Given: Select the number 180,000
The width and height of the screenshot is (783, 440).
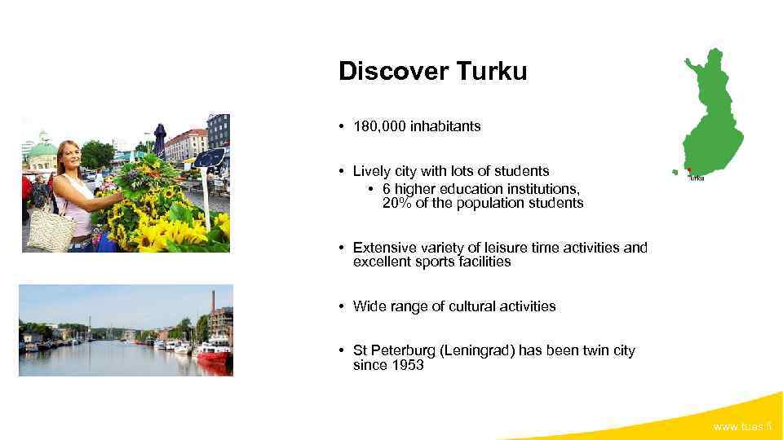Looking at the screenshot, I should point(379,126).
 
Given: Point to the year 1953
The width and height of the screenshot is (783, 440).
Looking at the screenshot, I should point(407,365).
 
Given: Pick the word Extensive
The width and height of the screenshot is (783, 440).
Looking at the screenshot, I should point(383,248).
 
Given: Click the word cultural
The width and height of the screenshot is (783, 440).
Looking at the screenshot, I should point(462,306).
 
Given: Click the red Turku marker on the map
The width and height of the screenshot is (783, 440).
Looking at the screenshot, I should point(689,170).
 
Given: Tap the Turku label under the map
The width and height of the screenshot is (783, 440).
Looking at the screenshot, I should point(696,178).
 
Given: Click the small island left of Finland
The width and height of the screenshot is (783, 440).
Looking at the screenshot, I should point(675,172).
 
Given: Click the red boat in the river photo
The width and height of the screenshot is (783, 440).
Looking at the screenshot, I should point(214,351).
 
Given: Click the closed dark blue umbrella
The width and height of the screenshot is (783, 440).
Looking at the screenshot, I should point(160,139).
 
